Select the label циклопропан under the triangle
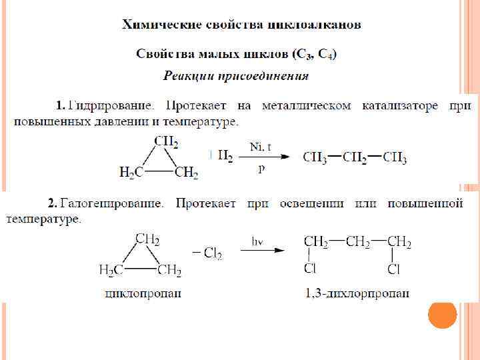143,294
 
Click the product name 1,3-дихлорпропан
357,294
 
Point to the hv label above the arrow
257,239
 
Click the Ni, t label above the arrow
260,145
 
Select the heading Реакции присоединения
236,75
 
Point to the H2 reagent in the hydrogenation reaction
225,156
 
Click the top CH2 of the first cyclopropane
166,141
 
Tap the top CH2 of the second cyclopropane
147,239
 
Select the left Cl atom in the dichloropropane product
310,269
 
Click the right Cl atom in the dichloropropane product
393,269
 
